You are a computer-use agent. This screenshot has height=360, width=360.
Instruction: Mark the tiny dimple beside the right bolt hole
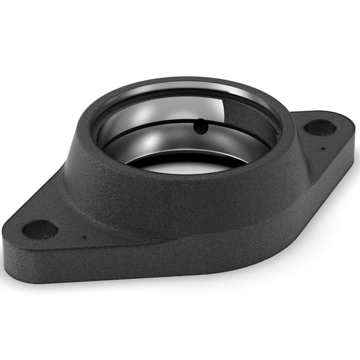(x=322, y=148)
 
